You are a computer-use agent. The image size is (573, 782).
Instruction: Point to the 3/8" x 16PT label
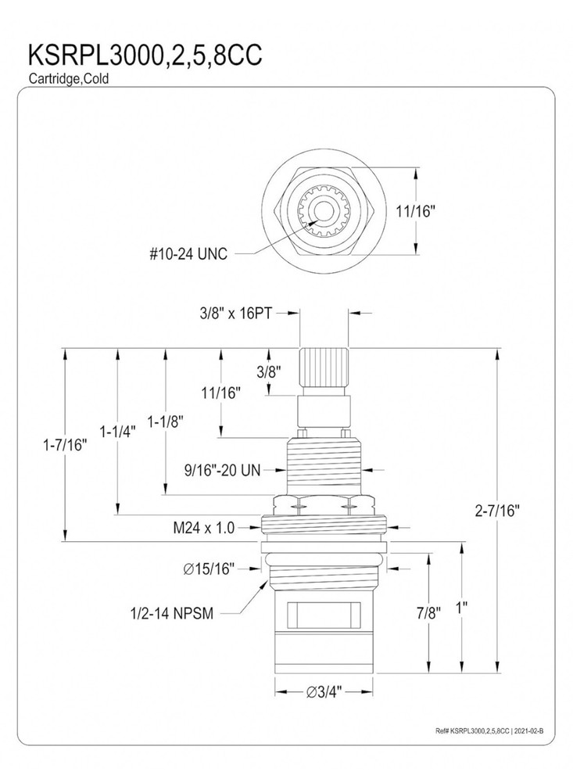pos(241,311)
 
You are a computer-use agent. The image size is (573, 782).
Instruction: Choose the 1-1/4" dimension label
pos(117,430)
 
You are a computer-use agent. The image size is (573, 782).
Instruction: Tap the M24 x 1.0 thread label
pos(203,528)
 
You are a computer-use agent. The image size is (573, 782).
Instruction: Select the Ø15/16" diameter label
pos(210,569)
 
